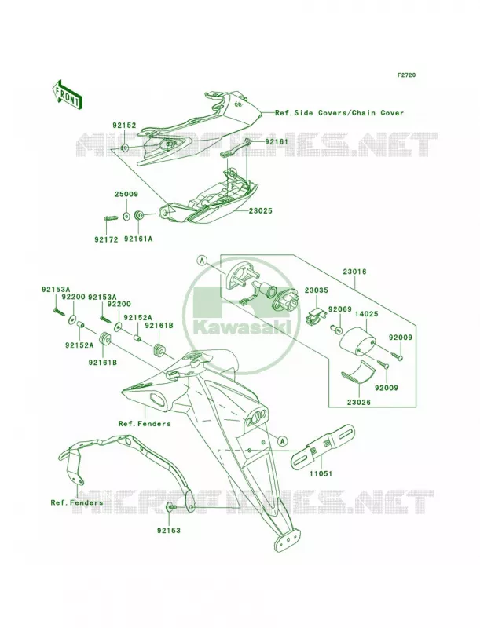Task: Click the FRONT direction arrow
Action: (67, 94)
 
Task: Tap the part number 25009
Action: (126, 194)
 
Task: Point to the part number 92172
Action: (106, 239)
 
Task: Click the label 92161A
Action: (138, 239)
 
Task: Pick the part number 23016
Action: (354, 272)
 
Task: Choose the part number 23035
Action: (316, 290)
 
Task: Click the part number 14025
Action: (366, 314)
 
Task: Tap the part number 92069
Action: (340, 309)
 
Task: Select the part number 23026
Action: (358, 403)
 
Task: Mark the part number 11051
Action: (321, 474)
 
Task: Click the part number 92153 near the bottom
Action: (169, 531)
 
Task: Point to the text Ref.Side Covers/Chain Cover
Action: (339, 113)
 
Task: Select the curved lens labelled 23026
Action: (357, 374)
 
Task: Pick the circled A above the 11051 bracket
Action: (283, 441)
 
